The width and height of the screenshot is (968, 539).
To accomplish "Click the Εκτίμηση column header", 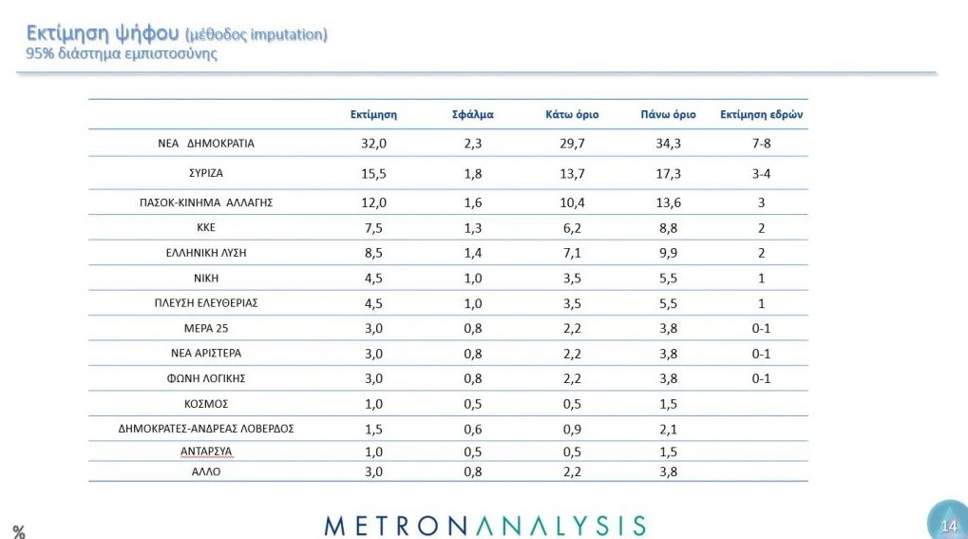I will coord(373,114).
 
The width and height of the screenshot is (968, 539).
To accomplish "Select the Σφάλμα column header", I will coord(472,114).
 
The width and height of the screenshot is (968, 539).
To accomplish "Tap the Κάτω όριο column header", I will coord(572,114).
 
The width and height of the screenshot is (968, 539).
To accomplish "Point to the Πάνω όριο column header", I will coord(669,114).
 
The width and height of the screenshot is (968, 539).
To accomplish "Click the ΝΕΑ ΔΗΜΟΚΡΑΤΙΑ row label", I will coord(206,144).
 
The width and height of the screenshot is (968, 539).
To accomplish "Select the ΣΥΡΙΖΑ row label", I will coord(206,174).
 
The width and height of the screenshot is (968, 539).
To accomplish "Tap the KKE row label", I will coord(206,228).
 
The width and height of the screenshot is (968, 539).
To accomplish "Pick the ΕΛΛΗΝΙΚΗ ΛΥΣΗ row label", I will coord(206,253).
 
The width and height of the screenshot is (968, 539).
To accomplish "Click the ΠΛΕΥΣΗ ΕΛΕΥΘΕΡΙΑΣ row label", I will coord(206,302).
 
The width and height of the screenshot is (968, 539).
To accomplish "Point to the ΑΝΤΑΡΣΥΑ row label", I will coord(206,452).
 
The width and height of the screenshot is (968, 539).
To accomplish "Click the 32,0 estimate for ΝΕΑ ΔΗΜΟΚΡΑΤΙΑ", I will coord(373,144).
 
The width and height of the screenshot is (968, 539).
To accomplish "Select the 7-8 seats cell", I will coord(762,144).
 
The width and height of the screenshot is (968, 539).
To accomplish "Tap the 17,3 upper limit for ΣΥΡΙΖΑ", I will coord(669,174).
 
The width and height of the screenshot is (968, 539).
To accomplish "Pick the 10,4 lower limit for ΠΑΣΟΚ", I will coord(572,202).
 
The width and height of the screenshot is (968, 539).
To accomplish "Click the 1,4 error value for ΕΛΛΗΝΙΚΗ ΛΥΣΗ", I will coord(472,253).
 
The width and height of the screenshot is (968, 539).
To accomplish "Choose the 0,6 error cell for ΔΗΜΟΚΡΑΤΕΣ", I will coord(472,428).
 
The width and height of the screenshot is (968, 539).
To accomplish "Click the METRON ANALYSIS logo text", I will coord(484,525).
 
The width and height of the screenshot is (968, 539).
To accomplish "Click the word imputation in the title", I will coord(285,35).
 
